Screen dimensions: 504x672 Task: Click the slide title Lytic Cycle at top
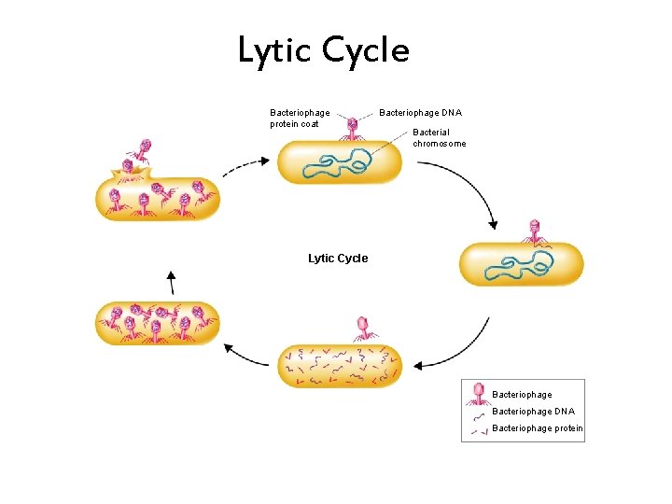(x=323, y=50)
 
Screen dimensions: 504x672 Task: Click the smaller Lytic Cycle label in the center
(x=338, y=259)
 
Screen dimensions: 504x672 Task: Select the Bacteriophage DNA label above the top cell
(x=420, y=113)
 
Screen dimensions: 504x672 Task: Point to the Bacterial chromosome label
(x=440, y=138)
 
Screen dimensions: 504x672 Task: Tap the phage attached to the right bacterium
(x=534, y=231)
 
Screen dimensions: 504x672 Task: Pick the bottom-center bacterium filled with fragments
(x=339, y=366)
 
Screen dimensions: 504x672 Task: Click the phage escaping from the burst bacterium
(x=143, y=149)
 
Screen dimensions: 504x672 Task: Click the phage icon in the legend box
(x=479, y=393)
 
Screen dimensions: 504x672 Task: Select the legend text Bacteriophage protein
(x=537, y=428)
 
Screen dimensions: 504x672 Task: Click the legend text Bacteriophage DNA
(x=533, y=412)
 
